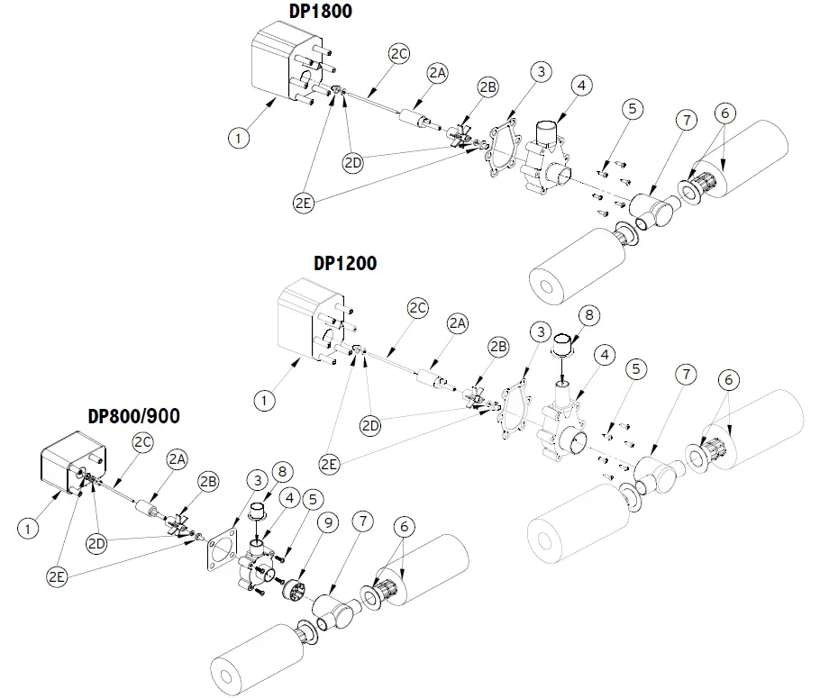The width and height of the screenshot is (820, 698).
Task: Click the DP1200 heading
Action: pos(345,264)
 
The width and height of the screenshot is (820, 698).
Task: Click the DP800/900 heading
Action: pos(133,416)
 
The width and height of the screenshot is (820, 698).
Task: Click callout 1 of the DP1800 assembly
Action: pos(238,138)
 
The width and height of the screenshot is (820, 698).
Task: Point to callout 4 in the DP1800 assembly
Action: pos(581,86)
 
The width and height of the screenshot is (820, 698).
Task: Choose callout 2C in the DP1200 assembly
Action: pos(417,307)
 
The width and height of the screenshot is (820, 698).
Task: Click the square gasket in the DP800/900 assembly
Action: pos(219,550)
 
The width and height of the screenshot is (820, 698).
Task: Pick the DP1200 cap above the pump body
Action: pos(562,346)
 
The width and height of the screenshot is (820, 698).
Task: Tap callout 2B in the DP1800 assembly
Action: pos(487,87)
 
